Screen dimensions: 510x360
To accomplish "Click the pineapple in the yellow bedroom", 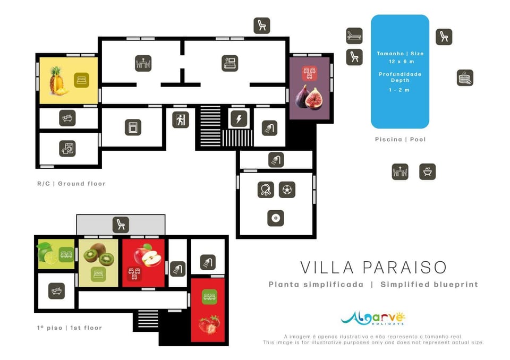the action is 58,81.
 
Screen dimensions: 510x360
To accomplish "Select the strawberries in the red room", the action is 209,324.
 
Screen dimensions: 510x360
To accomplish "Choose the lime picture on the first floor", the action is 47,253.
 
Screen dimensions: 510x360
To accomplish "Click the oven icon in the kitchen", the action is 133,127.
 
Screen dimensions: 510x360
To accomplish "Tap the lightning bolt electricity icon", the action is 239,119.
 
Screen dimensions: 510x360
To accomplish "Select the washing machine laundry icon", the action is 67,149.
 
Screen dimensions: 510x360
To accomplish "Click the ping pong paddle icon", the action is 266,190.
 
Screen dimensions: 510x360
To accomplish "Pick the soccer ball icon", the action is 287,190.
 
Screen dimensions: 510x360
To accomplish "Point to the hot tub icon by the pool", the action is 465,78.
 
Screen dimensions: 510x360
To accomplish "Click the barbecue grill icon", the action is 427,172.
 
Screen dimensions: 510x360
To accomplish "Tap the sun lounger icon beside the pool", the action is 354,36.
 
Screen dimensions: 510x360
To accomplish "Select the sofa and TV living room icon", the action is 230,63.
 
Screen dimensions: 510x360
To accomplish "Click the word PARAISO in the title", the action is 404,268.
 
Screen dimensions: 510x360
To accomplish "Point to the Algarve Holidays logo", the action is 373,319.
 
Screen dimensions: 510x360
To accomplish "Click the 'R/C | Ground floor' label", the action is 72,184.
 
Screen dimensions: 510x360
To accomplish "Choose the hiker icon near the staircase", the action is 181,119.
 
